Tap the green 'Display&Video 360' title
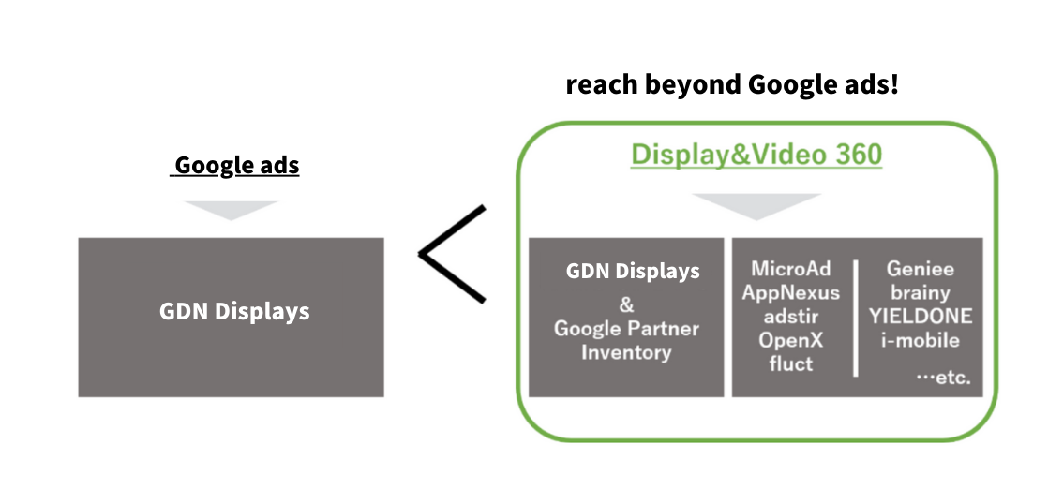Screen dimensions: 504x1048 756,154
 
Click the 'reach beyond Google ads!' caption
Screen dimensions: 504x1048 732,85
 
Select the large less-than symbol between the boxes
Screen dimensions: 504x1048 453,254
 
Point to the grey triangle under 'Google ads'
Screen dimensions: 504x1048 231,210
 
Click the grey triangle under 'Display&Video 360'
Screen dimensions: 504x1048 756,206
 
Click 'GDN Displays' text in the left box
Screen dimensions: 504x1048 234,311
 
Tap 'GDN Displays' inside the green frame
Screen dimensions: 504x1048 633,272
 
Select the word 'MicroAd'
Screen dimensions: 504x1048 791,269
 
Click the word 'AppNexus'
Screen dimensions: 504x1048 791,292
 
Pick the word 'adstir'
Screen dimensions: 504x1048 791,316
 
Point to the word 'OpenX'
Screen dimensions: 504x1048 791,339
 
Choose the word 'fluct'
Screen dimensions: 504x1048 791,363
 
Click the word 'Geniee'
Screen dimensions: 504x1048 921,269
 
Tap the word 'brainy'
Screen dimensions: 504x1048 921,292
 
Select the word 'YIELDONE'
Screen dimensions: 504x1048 921,316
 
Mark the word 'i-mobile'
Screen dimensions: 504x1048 921,339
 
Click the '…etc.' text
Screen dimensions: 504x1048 943,378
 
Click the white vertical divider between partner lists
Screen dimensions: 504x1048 856,319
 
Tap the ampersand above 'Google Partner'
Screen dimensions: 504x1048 626,305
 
